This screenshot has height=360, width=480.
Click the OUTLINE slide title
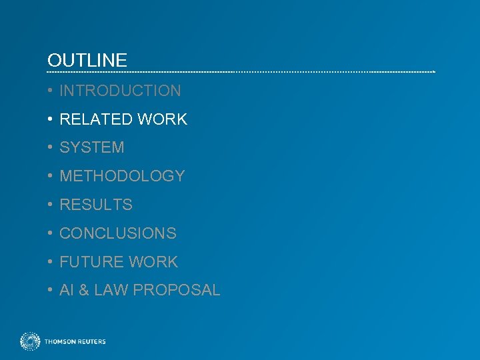87,61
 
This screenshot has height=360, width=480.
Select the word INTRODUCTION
120,91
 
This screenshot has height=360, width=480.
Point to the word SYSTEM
92,147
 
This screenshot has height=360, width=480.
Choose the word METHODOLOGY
122,176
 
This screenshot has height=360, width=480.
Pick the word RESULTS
96,205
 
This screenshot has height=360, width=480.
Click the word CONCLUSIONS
118,233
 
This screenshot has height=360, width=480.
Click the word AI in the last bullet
66,291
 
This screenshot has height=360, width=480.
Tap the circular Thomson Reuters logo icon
30,341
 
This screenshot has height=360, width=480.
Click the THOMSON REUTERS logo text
75,342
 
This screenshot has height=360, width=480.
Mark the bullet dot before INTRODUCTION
50,91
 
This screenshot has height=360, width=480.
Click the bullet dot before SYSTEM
50,147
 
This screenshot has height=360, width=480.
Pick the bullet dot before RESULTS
50,205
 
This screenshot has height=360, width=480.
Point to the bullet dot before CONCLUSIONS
50,233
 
